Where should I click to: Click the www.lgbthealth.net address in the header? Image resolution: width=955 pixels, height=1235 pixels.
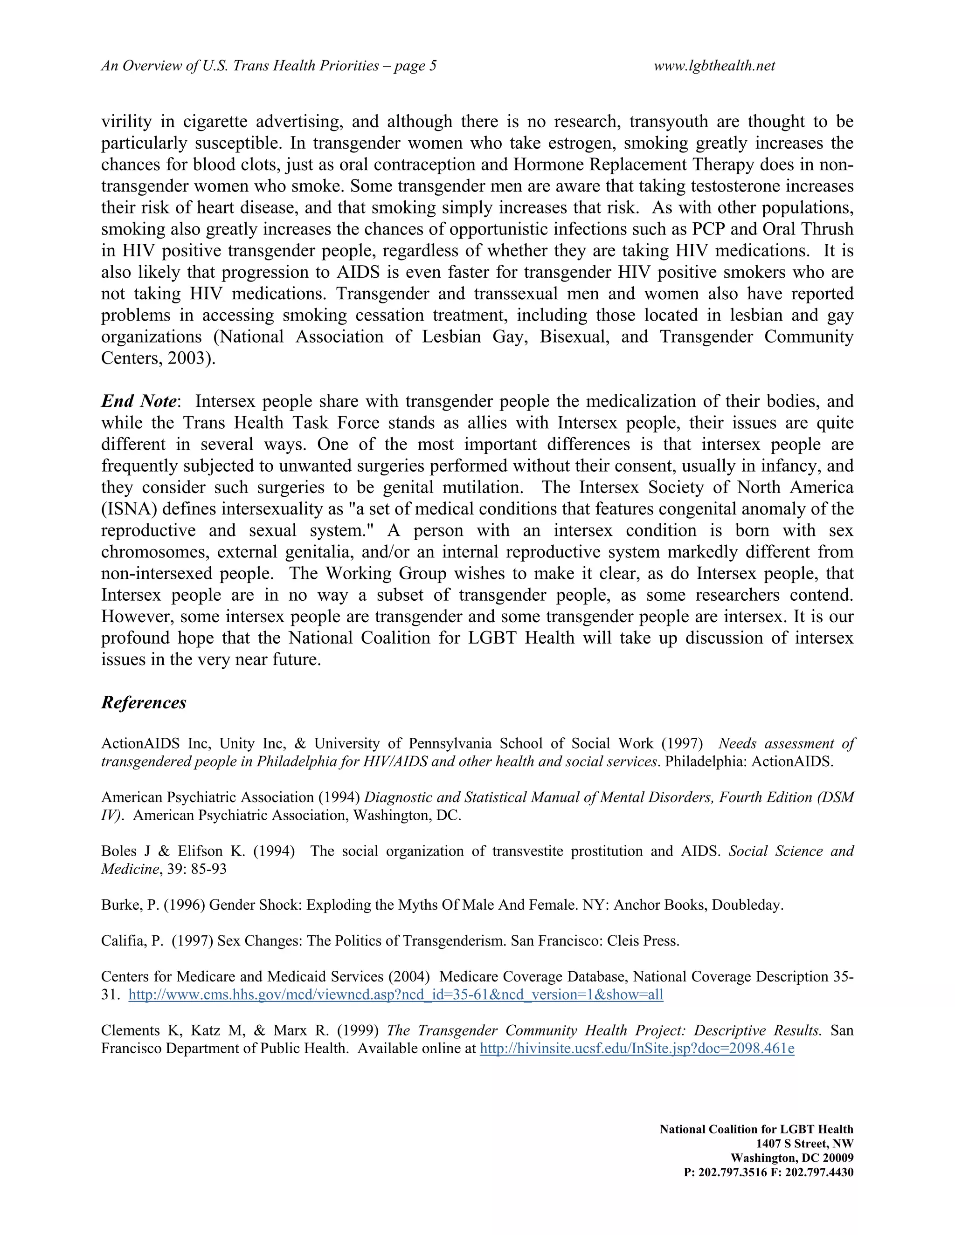(714, 66)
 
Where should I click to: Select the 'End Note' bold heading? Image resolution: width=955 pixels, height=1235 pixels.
(138, 401)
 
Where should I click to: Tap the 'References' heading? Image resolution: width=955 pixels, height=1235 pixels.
(144, 702)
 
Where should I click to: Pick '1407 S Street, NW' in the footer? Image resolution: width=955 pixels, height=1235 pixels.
(804, 1143)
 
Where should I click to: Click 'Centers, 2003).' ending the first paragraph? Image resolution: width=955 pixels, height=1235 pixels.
(158, 358)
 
